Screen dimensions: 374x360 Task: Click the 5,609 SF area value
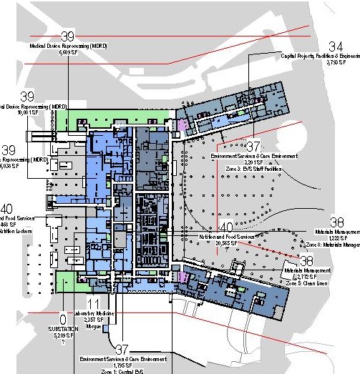pyautogui.click(x=68, y=52)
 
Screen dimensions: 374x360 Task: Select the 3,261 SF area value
pyautogui.click(x=254, y=162)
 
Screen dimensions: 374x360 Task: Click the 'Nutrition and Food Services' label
pyautogui.click(x=226, y=236)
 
